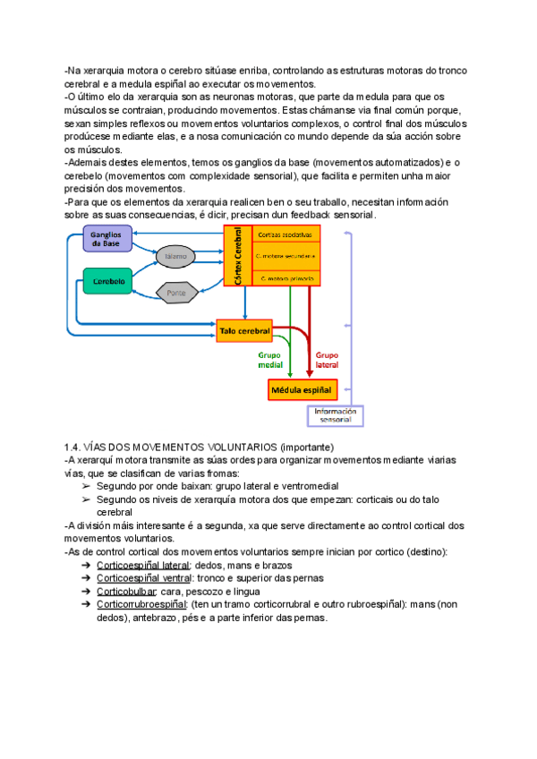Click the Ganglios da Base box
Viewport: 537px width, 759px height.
107,238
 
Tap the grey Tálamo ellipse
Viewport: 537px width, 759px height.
175,256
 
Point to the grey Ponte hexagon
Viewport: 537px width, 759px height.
176,292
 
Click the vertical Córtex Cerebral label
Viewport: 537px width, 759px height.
237,256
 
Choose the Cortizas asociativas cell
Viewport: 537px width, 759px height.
285,235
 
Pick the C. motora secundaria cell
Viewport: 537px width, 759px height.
285,256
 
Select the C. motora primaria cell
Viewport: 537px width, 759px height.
285,278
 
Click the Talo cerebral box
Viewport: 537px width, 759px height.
244,331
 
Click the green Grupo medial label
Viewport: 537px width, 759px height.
270,359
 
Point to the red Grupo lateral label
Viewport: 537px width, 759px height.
328,359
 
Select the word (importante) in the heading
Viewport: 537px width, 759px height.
307,446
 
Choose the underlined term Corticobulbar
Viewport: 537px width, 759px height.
126,592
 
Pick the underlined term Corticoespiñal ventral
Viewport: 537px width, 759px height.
146,578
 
